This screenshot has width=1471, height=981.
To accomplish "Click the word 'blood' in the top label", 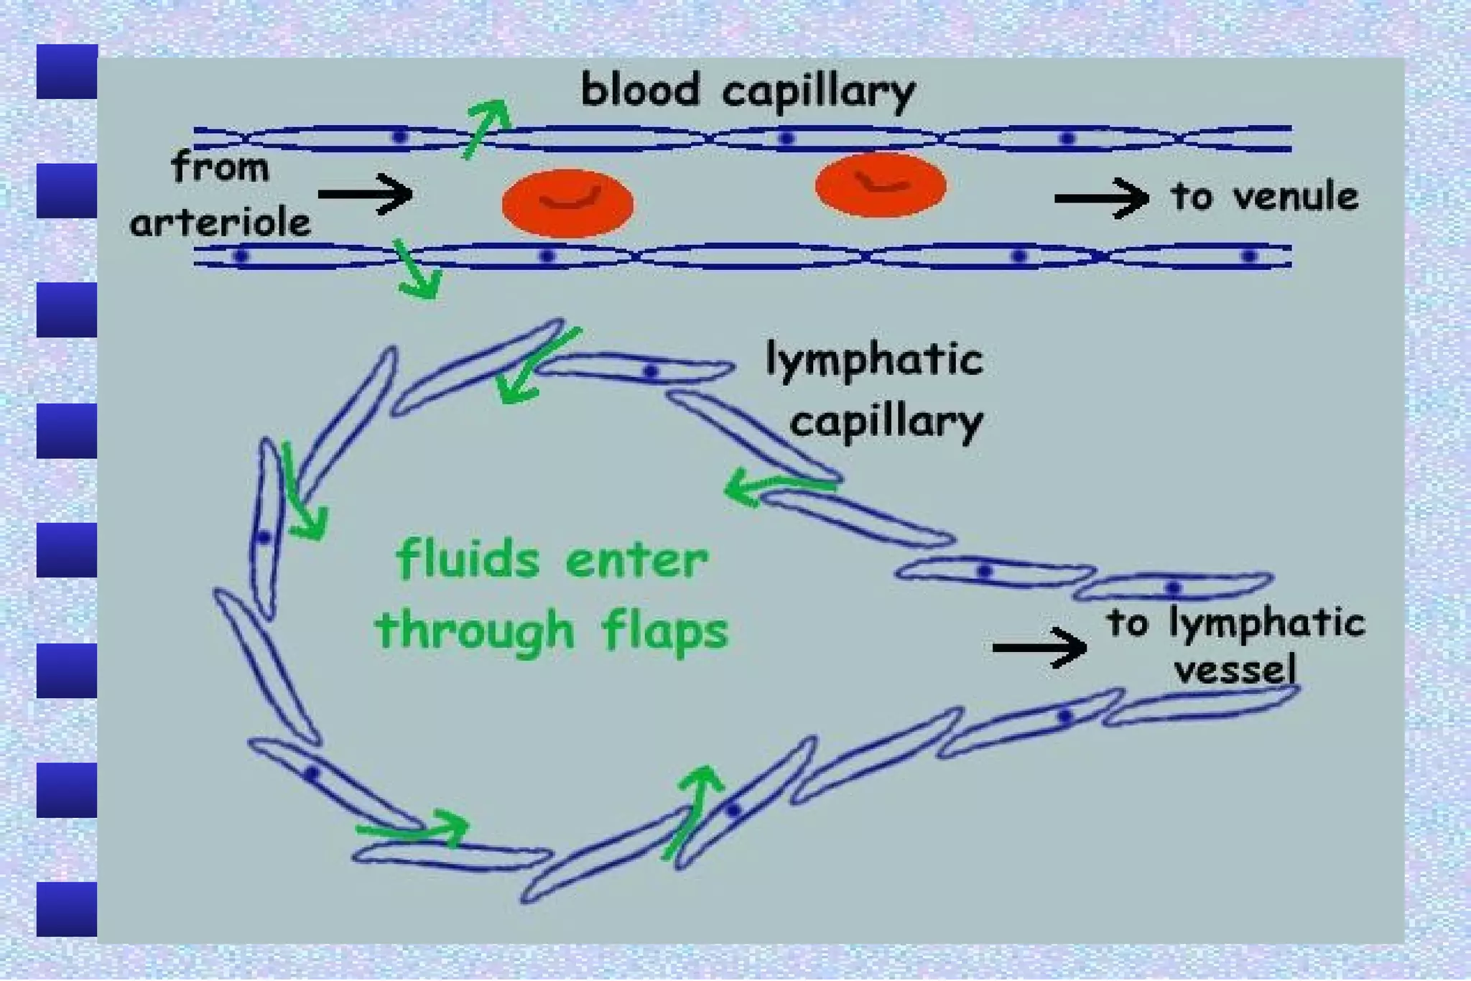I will point(639,91).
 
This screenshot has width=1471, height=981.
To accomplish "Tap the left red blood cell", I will point(567,203).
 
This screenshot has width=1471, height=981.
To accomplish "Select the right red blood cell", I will point(880,185).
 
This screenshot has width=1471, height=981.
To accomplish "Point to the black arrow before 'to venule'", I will point(1101,197).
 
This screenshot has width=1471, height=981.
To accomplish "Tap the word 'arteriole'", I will point(220,223).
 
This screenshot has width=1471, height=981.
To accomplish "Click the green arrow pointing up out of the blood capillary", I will point(486,127).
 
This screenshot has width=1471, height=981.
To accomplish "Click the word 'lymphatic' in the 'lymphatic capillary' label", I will point(873,359).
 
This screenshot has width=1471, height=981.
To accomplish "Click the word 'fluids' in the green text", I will point(468,560).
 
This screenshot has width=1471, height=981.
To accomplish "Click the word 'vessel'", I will point(1235,670).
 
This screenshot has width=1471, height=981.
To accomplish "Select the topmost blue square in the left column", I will point(67,72).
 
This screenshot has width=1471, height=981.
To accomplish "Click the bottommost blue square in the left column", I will point(67,909).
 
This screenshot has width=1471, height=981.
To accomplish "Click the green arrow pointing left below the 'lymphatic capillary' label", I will point(776,487).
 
